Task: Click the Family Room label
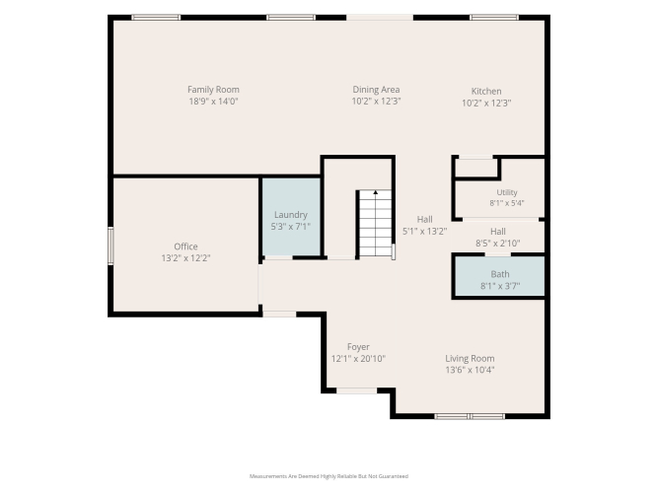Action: coord(213,90)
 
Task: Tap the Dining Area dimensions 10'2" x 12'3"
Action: coord(377,102)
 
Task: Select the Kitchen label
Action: coord(486,91)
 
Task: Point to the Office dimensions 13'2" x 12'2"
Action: coord(185,258)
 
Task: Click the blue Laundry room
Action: coord(291,217)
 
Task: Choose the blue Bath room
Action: coord(500,276)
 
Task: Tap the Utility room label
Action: coord(507,192)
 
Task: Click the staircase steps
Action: coord(376,223)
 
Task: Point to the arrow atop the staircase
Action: coord(376,192)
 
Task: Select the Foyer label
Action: coord(358,347)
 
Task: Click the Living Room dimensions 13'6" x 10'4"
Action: coord(470,370)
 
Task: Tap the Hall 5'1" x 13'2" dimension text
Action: coord(424,231)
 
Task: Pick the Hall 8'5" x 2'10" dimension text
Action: coord(498,243)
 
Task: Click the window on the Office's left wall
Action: coord(110,246)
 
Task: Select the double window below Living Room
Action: coord(470,416)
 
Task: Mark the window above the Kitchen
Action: coord(494,18)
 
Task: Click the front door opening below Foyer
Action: coord(357,390)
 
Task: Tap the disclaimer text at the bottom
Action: coord(329,476)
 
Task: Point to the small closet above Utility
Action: coord(476,168)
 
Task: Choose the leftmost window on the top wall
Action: coord(156,18)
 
